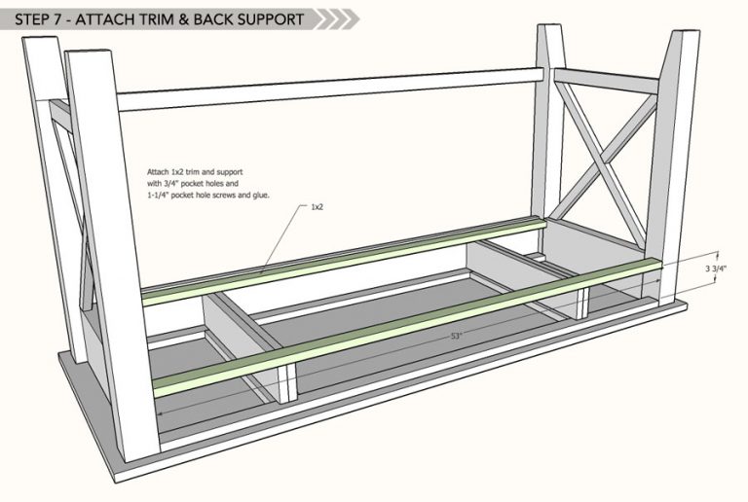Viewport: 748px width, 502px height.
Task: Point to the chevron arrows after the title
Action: pos(337,19)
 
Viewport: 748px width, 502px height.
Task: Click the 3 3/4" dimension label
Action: pos(716,269)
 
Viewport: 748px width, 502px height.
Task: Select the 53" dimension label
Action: pos(457,336)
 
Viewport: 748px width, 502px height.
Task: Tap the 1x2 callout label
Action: pos(317,207)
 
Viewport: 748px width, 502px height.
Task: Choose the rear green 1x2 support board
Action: pos(345,261)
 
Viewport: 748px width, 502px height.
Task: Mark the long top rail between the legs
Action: pos(330,90)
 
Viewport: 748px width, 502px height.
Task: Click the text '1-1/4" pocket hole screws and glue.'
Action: pos(208,195)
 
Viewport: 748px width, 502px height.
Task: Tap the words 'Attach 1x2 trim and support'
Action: pos(195,172)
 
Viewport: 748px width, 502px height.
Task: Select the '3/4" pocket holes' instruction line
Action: pos(193,183)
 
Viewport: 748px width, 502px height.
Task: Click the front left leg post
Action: pos(113,255)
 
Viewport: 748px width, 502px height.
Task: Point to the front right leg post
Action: pos(672,167)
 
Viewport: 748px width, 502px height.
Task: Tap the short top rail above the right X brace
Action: pos(607,81)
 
